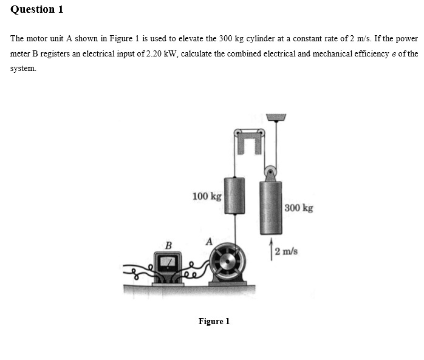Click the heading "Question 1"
tap(37, 10)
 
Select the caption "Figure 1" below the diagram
tap(214, 321)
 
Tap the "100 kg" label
tap(207, 196)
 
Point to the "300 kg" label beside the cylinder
tap(299, 208)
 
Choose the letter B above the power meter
tap(169, 245)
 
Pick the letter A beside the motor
tap(209, 241)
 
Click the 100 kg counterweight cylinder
tap(234, 195)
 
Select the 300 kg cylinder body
tap(270, 207)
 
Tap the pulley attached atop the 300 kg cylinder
tap(270, 171)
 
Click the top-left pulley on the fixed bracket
tap(238, 132)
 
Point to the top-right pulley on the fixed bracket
tap(261, 132)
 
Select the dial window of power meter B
tap(167, 262)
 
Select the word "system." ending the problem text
tap(23, 69)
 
